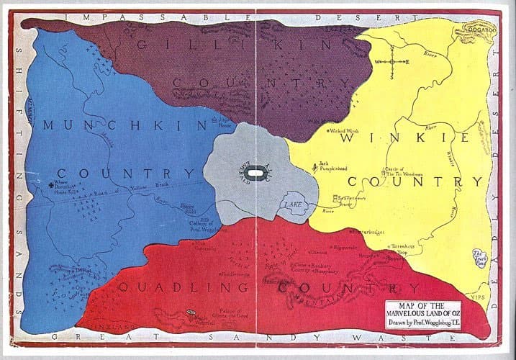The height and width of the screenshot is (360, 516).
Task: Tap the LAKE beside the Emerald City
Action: click(x=296, y=204)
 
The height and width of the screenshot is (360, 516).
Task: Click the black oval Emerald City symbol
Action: click(x=253, y=173)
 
